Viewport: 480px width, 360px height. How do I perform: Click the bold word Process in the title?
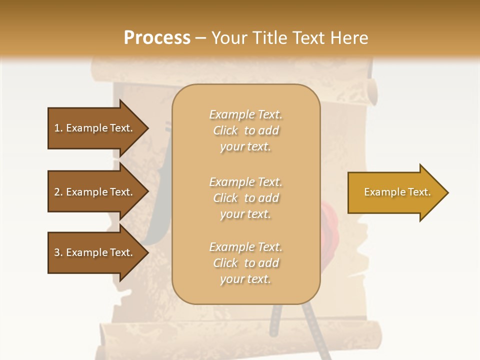point(157,38)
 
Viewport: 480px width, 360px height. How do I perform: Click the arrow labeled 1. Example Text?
point(95,128)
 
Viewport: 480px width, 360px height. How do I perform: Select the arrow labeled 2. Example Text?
point(95,192)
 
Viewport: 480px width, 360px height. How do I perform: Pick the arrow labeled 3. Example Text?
point(95,252)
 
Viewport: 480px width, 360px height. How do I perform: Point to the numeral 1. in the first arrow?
point(58,128)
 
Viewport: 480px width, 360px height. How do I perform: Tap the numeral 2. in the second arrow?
point(58,192)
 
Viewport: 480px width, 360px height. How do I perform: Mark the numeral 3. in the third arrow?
point(58,252)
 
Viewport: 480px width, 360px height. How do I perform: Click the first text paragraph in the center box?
point(245,130)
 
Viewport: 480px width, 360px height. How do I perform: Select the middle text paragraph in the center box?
point(245,198)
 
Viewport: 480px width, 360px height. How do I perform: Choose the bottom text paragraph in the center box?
point(245,263)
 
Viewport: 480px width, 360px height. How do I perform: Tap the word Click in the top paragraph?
point(225,130)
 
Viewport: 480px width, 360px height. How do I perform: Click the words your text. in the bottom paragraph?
point(245,279)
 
